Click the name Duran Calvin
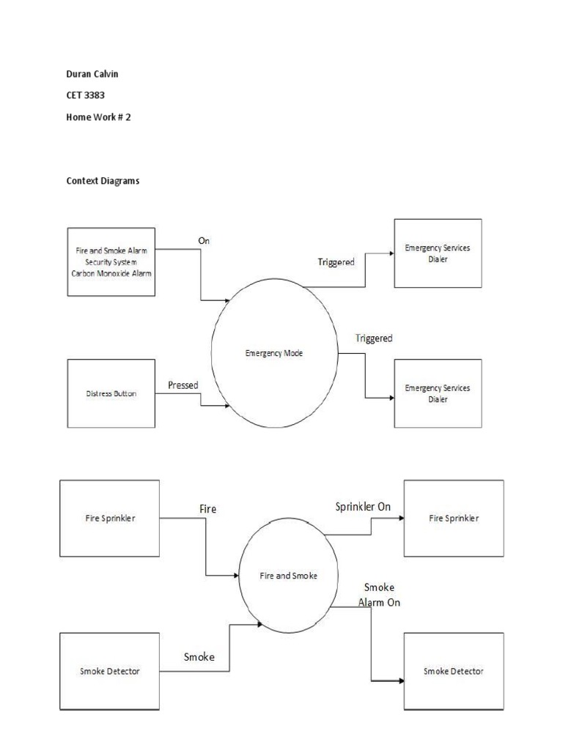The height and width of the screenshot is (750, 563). tap(92, 74)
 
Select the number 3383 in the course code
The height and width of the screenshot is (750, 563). tap(95, 95)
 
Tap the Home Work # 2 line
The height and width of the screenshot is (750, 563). tap(98, 116)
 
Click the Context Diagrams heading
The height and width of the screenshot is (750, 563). tap(103, 181)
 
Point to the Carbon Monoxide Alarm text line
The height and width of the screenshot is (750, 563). tap(111, 274)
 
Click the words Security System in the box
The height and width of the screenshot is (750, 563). tap(111, 262)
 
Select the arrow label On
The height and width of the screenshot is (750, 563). tap(204, 240)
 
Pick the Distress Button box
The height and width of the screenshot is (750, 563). tap(111, 393)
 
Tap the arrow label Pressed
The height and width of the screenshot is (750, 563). tap(183, 385)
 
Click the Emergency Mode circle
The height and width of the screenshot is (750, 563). tap(274, 353)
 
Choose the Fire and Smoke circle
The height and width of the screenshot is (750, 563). tap(288, 576)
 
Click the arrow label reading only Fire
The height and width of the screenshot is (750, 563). tap(207, 509)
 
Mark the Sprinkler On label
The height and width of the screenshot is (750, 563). tap(363, 507)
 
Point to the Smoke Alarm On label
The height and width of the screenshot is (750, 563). tap(379, 595)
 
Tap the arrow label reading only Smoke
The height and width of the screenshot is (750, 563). tap(199, 657)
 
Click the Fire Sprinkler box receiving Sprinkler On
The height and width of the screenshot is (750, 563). tap(454, 518)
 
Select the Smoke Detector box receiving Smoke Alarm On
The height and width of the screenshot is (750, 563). tap(454, 671)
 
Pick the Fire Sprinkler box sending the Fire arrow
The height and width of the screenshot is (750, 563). tap(110, 518)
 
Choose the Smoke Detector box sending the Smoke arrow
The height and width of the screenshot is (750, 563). tap(110, 671)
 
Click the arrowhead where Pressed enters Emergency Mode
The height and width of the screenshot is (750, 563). tap(227, 406)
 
